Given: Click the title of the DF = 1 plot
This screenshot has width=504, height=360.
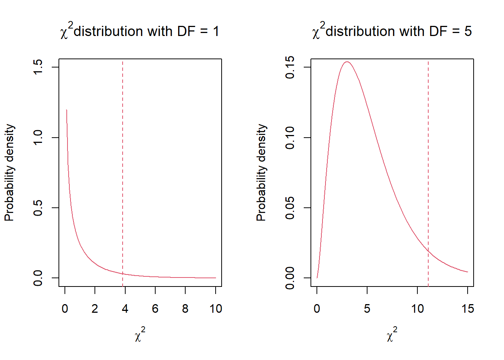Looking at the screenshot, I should [x=139, y=31].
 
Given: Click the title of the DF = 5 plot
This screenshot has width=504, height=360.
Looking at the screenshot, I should [x=391, y=31].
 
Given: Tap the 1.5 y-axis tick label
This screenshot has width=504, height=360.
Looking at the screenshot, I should [x=38, y=67].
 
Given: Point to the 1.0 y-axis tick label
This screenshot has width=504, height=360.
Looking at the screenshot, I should [x=38, y=137].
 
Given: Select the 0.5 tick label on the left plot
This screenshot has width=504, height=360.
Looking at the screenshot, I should [x=38, y=207].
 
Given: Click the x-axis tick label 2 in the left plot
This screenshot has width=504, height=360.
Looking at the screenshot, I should [x=95, y=309].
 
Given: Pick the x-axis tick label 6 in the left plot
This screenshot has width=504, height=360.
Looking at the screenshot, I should [x=155, y=309].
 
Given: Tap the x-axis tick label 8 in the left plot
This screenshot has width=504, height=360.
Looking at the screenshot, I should [x=185, y=309].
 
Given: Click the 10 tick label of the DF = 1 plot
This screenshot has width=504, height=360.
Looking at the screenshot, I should [x=216, y=309].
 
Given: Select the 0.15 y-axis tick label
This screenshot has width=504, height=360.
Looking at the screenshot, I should [x=290, y=67].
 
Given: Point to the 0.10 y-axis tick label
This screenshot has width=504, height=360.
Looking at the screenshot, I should [x=290, y=137].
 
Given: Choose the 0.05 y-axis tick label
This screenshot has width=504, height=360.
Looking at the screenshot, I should [x=290, y=207].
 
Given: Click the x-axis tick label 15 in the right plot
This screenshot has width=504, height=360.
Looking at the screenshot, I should [x=468, y=309].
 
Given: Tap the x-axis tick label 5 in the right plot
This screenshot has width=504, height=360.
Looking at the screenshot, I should [x=367, y=309].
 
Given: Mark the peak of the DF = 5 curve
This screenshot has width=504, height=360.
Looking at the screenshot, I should [x=347, y=62].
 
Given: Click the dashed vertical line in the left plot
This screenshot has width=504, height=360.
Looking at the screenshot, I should [x=123, y=169].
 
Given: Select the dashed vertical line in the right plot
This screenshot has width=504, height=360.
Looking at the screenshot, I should [x=428, y=169].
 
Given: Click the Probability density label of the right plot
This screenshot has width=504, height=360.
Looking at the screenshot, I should [x=261, y=172].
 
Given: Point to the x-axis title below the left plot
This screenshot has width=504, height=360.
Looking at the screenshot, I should [x=140, y=334].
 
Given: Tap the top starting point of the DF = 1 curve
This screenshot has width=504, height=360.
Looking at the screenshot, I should [x=66, y=110].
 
